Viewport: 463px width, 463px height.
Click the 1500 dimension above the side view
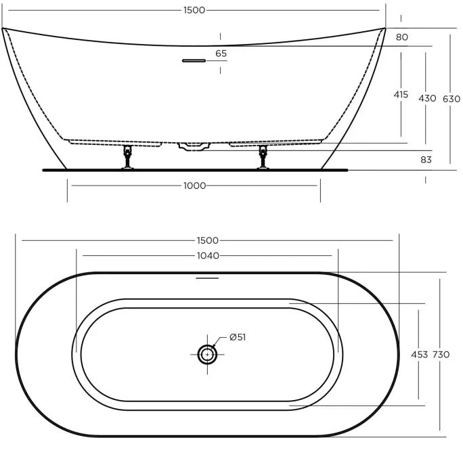coord(194,10)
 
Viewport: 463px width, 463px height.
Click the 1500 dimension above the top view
coord(207,240)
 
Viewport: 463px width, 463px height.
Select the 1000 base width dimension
coord(194,185)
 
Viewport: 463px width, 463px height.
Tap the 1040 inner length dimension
coord(207,255)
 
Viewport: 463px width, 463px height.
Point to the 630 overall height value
coord(451,99)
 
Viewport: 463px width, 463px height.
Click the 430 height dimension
coord(427,98)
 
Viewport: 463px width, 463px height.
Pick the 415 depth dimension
coord(401,95)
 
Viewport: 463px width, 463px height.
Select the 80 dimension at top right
coord(402,37)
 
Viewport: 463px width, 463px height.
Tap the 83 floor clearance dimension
coord(426,160)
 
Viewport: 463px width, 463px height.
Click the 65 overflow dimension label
coord(221,53)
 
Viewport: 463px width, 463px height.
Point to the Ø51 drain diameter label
coord(237,337)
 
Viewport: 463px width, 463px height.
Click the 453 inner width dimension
coord(418,355)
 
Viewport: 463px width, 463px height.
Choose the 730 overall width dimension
coord(441,355)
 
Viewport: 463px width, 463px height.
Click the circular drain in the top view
coord(206,353)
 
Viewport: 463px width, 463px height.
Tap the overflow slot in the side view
coord(193,60)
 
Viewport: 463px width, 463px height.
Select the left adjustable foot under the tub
coord(127,158)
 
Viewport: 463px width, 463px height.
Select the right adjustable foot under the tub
coord(263,158)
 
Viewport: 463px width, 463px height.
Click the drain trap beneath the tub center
coord(194,146)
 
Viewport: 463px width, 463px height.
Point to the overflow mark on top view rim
coord(207,278)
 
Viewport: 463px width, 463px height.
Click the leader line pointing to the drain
coord(221,342)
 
